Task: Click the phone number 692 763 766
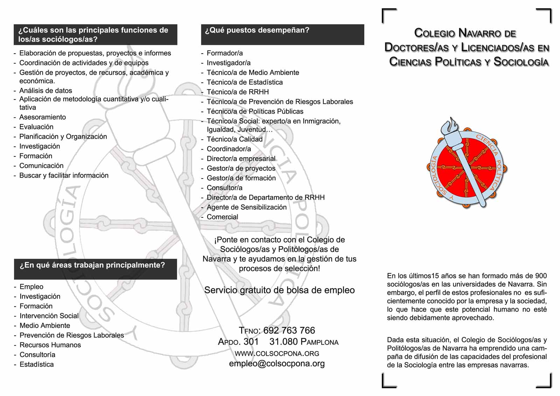289,331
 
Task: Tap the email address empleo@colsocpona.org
277,363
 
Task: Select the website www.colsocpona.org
277,353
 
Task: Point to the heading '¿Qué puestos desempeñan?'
257,30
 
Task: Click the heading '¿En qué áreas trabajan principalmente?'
92,265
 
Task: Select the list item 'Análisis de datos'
45,91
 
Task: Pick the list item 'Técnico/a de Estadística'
245,82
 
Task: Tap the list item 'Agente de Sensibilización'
246,207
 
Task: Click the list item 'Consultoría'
37,355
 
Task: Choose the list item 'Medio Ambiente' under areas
45,326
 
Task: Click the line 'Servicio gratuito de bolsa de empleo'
279,290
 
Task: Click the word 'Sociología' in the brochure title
521,62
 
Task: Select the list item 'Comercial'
222,217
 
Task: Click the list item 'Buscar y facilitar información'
64,175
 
